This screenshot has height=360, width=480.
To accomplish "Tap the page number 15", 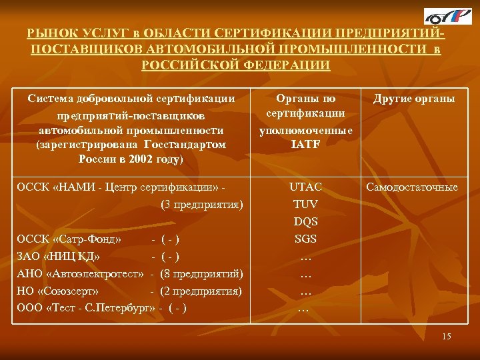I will point(446,337).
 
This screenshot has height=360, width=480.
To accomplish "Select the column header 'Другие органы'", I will point(414,99).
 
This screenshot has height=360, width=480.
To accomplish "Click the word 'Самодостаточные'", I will point(411,187).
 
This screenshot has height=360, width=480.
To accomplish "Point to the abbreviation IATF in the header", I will point(306,143).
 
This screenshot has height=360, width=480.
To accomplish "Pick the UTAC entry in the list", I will point(306,187).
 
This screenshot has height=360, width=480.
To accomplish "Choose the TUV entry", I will point(306,204).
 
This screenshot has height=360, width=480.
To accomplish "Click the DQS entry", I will point(306,221).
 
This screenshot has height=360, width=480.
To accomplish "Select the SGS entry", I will point(306,239).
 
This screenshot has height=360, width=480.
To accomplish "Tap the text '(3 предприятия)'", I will point(202,204).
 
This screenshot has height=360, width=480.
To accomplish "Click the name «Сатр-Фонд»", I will point(91,239).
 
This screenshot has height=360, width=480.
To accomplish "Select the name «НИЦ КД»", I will point(79,256).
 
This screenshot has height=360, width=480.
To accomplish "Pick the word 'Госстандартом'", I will point(191,143).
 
